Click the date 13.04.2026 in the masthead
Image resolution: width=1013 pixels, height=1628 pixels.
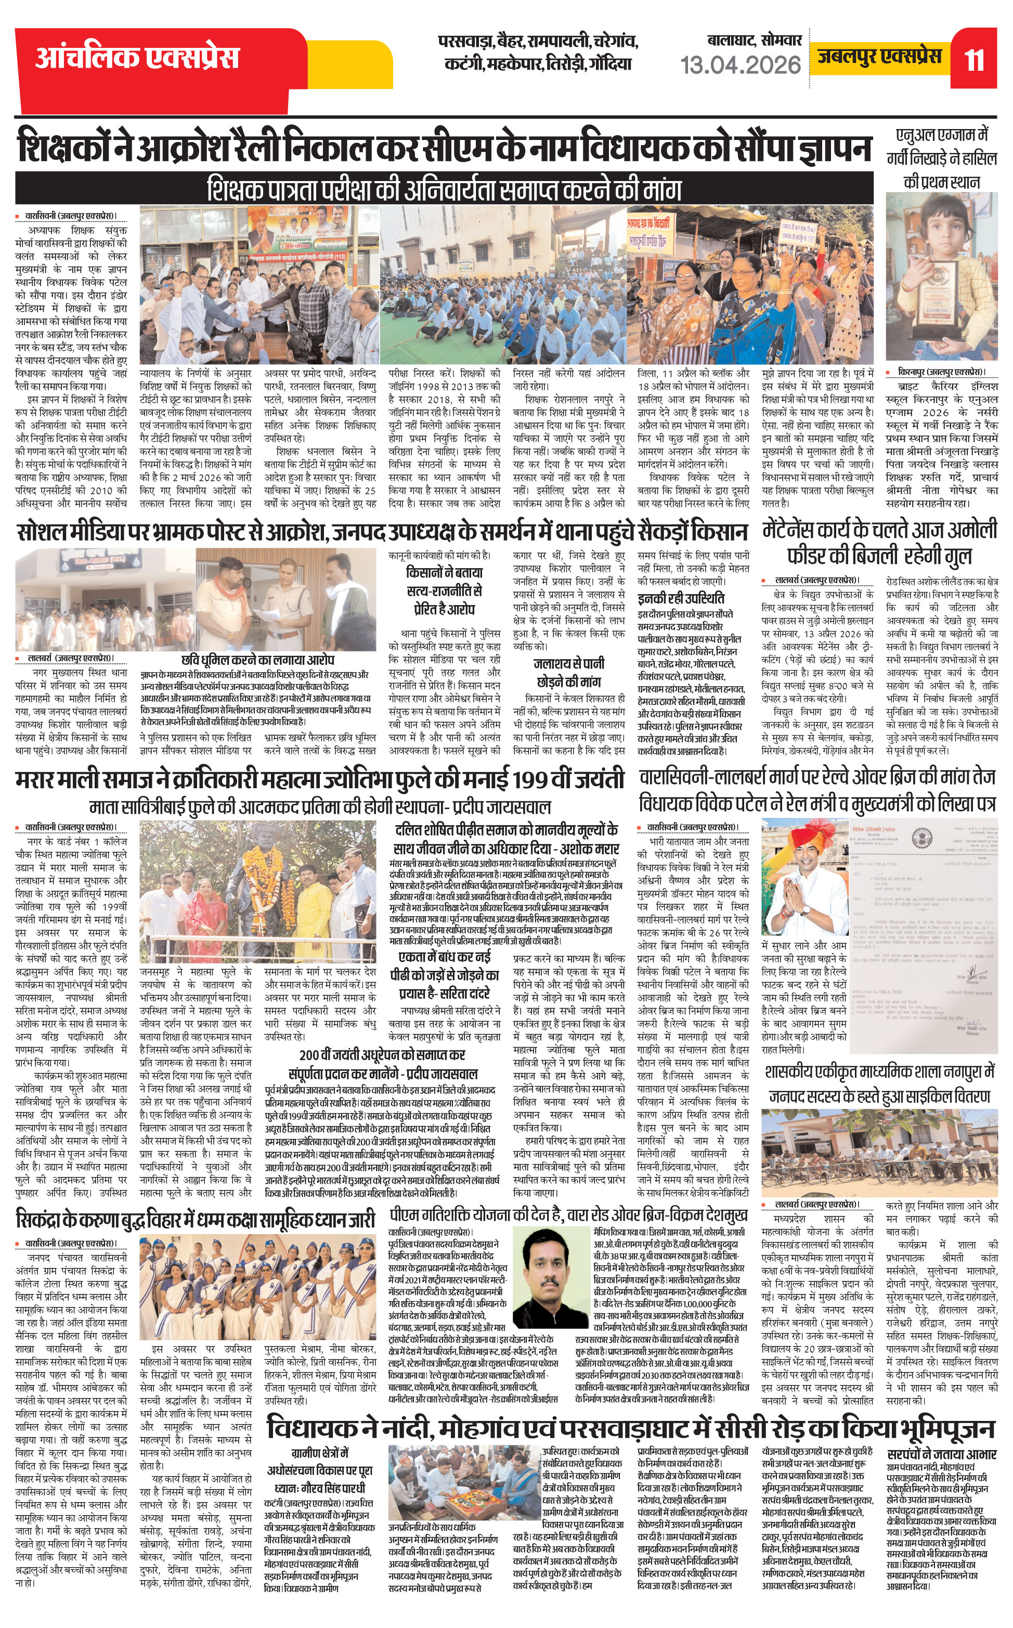point(741,65)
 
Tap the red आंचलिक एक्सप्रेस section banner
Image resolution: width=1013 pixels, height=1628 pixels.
point(137,58)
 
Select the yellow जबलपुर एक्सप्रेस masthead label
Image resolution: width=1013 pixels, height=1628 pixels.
point(880,56)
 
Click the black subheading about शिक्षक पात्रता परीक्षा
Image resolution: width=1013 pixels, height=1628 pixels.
point(444,189)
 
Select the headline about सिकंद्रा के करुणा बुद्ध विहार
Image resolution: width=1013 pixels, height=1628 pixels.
point(195,1219)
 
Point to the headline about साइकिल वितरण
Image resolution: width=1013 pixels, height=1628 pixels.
point(879,1084)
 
